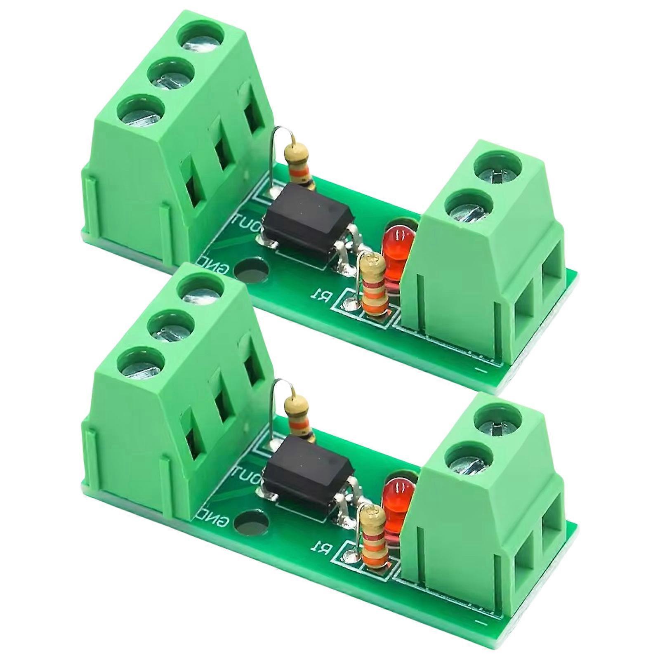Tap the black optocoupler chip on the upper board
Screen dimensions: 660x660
click(309, 223)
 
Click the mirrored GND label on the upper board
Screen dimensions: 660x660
click(216, 264)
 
